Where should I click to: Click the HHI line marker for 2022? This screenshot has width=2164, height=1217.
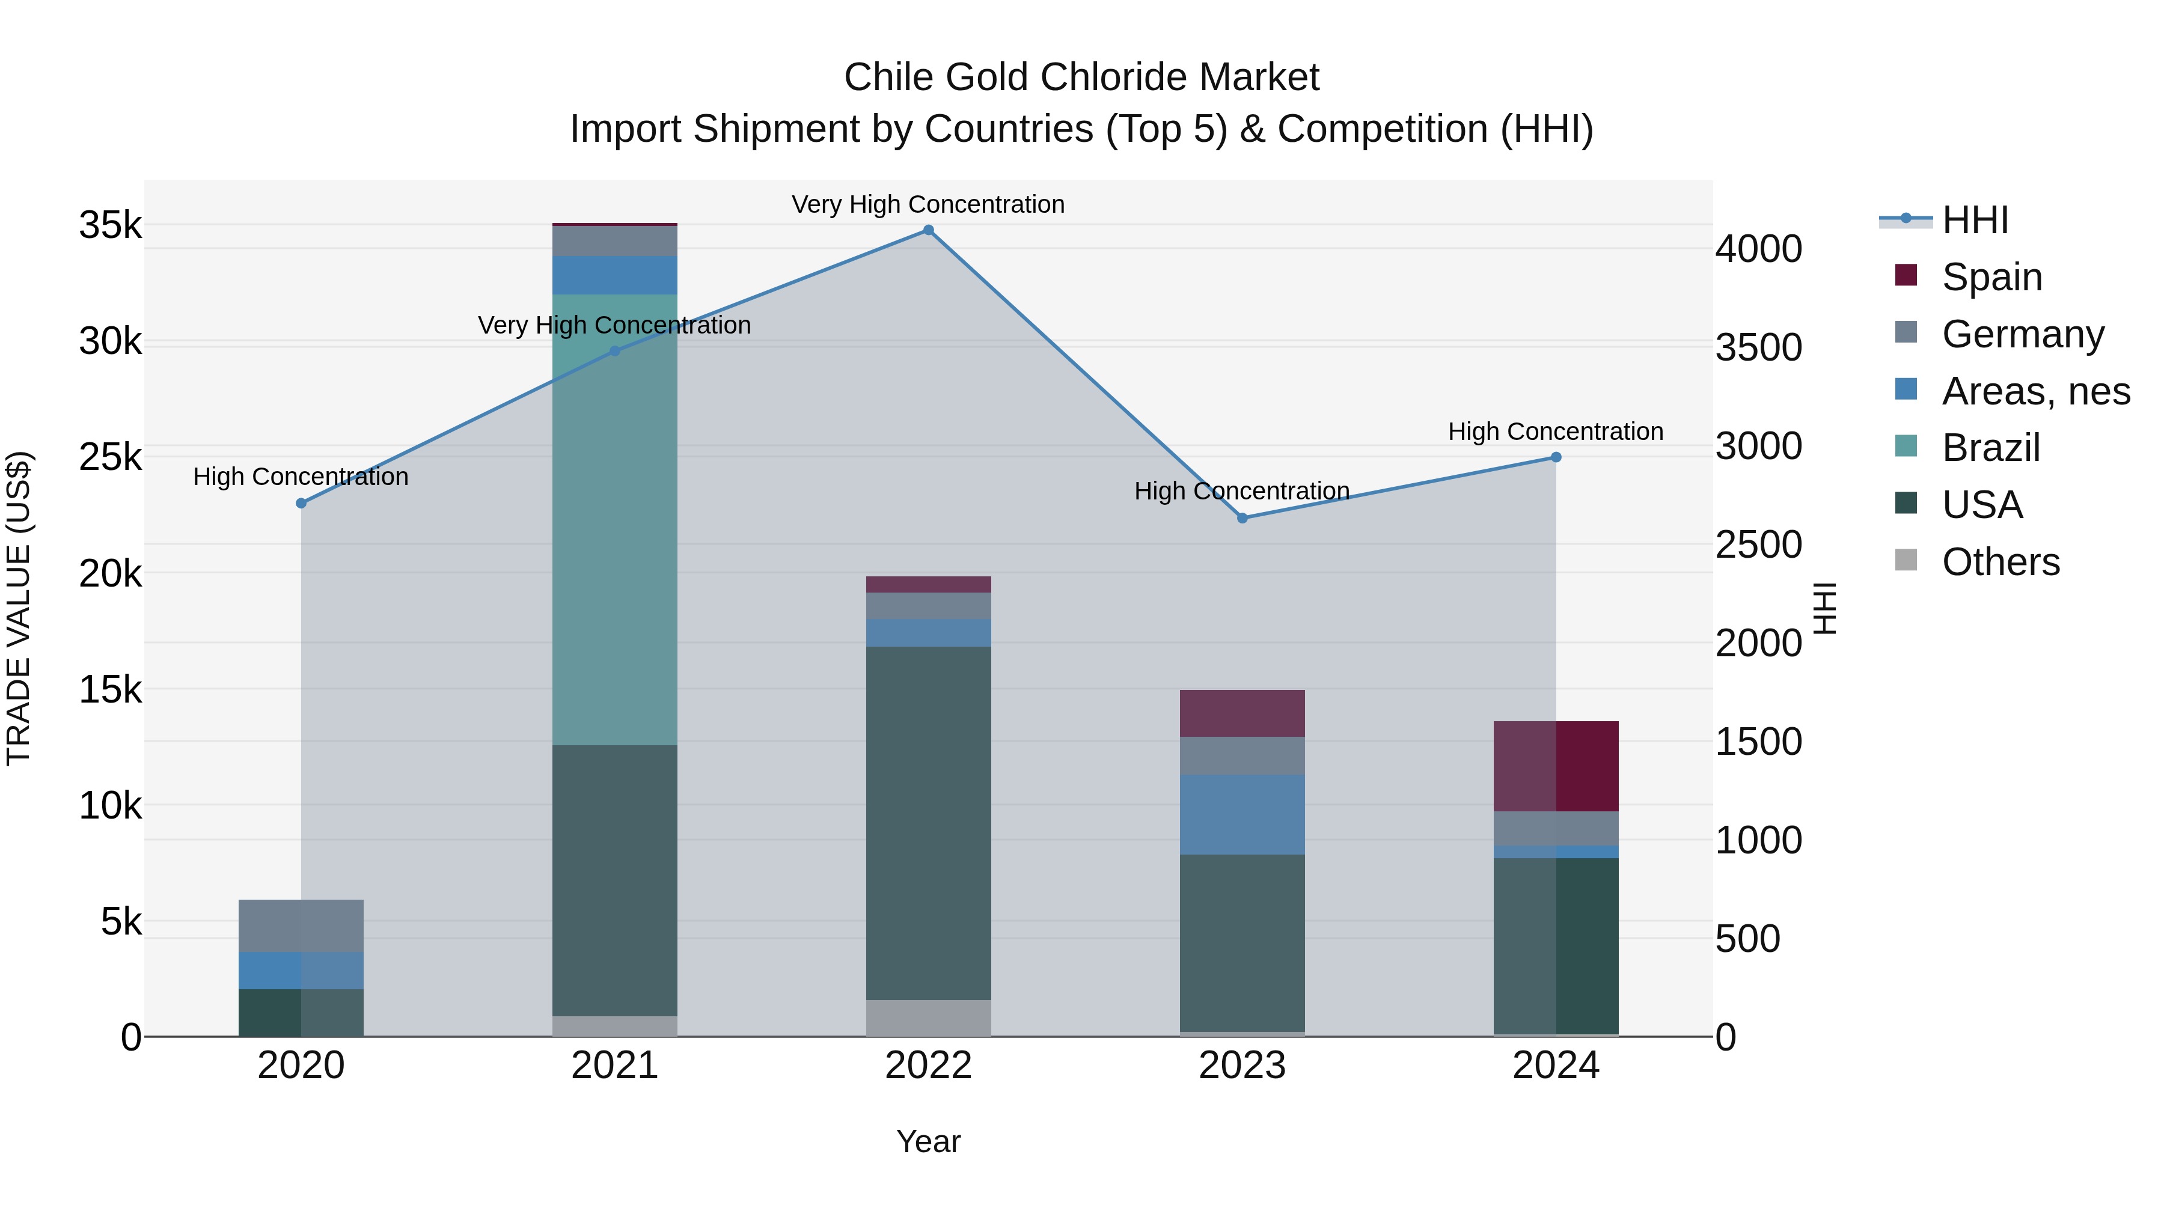[928, 230]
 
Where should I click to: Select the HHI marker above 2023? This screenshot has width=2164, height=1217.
[1242, 518]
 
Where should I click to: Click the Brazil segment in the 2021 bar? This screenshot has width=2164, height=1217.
[615, 520]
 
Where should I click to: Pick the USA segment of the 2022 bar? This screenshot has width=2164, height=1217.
[928, 823]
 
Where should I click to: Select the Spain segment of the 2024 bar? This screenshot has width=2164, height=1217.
[1556, 766]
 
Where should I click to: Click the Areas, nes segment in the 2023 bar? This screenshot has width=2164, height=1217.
[1242, 815]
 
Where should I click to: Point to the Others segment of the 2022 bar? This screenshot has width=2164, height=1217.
[928, 1018]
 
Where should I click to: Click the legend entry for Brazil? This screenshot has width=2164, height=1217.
[1991, 448]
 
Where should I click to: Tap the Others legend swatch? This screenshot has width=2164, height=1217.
[1906, 560]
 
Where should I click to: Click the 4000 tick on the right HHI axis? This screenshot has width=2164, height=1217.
[1758, 249]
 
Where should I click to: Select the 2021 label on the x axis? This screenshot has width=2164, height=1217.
[615, 1066]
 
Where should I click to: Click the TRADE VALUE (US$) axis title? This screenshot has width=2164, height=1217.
[19, 608]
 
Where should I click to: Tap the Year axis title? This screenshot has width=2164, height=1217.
[928, 1141]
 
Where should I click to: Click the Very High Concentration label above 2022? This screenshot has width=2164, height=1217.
[928, 204]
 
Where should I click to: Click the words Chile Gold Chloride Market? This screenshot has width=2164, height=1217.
[1081, 78]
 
